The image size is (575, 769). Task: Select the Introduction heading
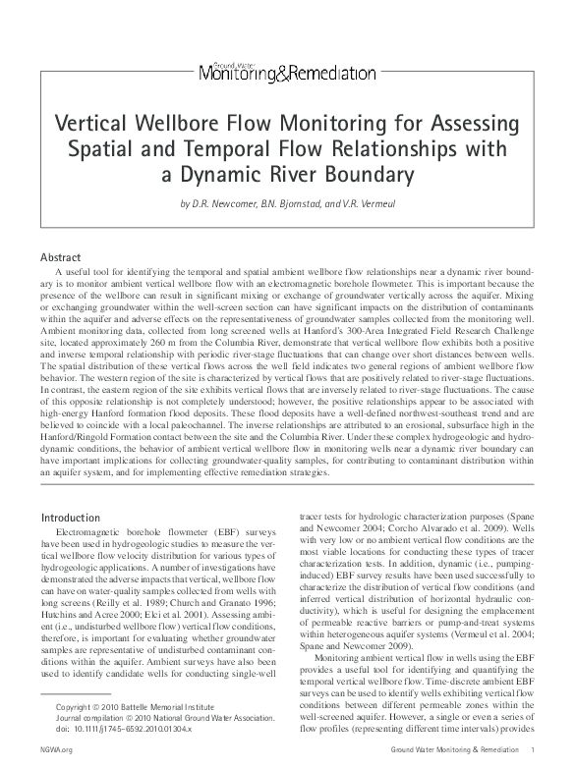pos(71,517)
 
